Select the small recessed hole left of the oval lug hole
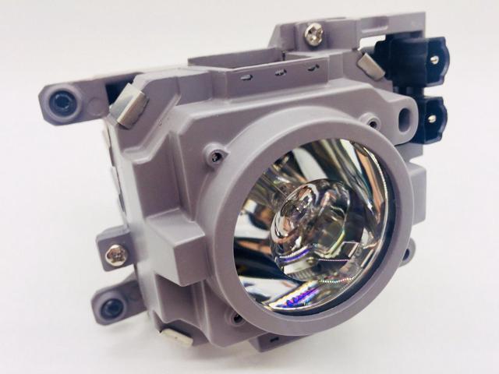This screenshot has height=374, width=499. click(373, 122)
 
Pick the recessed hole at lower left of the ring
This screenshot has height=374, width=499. click(232, 319)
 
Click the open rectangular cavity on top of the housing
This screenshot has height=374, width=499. click(234, 61)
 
